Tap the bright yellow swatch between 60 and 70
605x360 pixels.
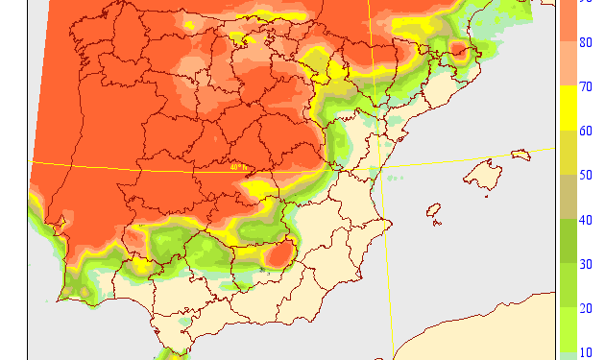pos(569,108)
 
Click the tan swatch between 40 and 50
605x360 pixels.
pos(569,198)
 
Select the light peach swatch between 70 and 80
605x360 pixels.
pos(569,63)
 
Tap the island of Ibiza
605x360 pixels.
pos(433,210)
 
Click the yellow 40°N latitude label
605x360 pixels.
pos(239,167)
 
